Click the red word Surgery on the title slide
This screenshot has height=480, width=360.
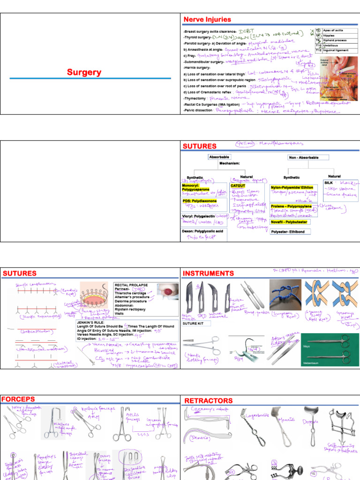[84, 72]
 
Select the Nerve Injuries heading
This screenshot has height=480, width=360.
[207, 20]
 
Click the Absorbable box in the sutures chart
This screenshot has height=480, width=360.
[219, 157]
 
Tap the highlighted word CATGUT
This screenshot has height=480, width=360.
[238, 186]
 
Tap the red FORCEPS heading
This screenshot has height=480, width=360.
[18, 399]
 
